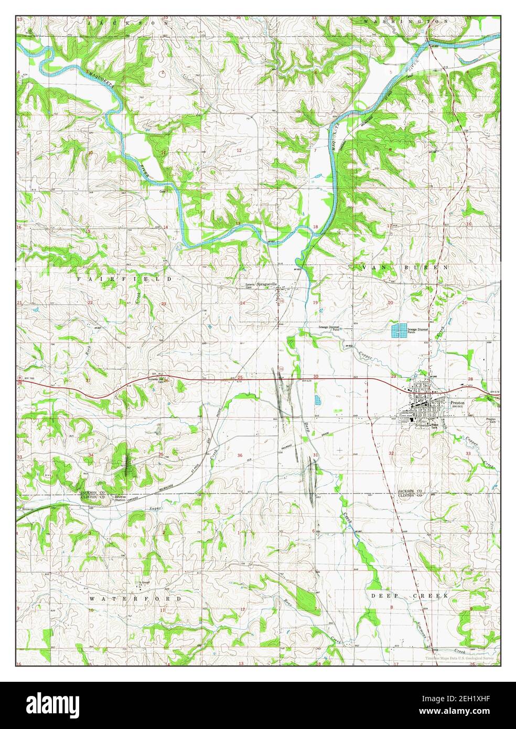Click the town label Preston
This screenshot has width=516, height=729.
(x=457, y=402)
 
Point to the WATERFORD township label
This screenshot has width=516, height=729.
(x=135, y=598)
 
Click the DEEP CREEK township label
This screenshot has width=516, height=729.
(x=410, y=596)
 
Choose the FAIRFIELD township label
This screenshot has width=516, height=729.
(x=124, y=280)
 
